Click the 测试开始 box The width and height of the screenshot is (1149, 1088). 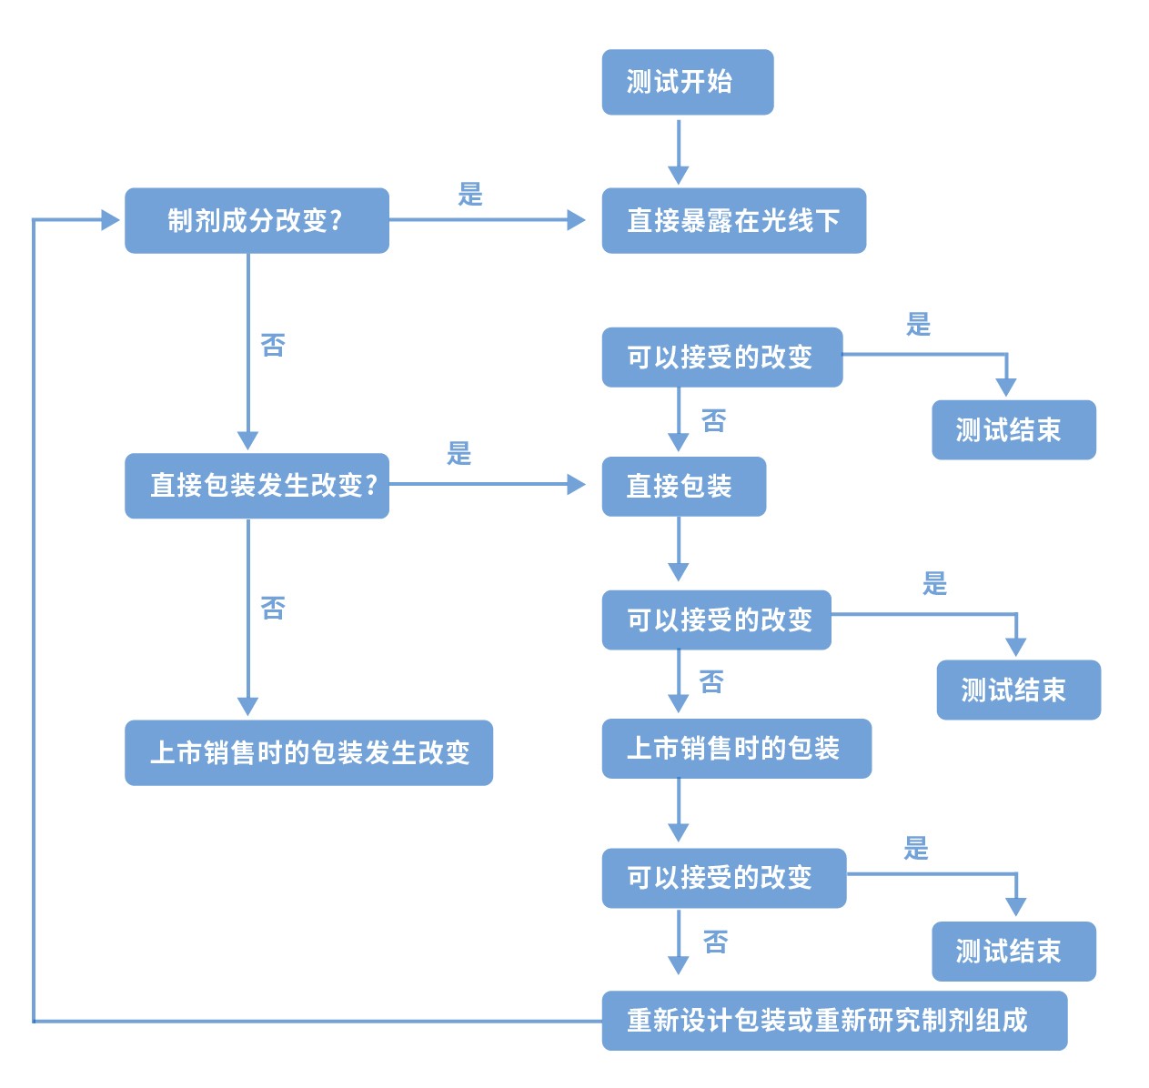(x=687, y=82)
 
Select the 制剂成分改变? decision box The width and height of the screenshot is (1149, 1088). (x=257, y=220)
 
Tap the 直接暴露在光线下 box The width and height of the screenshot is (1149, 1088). (x=733, y=220)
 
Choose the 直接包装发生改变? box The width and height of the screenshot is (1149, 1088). (x=257, y=486)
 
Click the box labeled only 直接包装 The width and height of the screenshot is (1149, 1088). (x=683, y=487)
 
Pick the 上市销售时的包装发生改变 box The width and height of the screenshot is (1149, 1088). (x=308, y=752)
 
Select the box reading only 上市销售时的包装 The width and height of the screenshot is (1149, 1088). (x=736, y=749)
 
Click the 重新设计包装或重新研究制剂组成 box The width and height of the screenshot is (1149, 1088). (x=833, y=1021)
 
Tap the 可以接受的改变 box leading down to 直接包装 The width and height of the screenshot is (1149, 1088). (x=721, y=358)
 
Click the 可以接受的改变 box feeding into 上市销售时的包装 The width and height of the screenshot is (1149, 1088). (x=716, y=620)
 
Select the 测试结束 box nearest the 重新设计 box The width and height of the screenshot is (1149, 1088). (x=1013, y=952)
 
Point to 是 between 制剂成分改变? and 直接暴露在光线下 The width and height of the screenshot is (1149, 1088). (x=470, y=194)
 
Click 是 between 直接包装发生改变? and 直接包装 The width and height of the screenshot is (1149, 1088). (x=459, y=453)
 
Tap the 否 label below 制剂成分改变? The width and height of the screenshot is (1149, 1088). (x=273, y=345)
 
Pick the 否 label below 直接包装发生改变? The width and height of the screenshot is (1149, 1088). (x=273, y=608)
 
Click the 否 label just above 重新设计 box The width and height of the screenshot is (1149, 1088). (x=716, y=942)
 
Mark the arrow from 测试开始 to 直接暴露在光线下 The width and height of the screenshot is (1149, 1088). (x=679, y=151)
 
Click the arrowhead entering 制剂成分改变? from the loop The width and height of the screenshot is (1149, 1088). (x=110, y=219)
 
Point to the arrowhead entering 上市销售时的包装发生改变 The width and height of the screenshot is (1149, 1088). (x=248, y=707)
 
